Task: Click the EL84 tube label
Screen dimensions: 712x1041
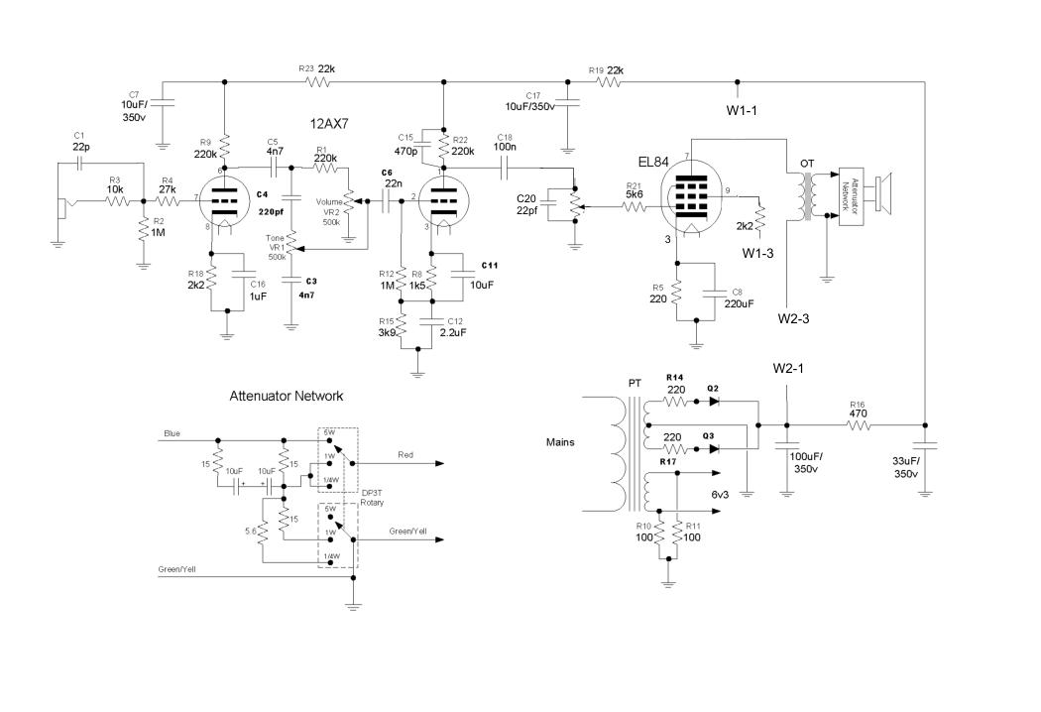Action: coord(656,160)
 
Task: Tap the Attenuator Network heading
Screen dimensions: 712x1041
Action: coord(286,396)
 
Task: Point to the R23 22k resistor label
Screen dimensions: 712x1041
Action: coord(317,68)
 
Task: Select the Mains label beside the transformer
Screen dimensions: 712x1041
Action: coord(560,442)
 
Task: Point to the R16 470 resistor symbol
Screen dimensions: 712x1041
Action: coord(858,424)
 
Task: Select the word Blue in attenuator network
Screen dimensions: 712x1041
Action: coord(173,431)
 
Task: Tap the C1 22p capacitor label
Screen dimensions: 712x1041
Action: coord(80,141)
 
